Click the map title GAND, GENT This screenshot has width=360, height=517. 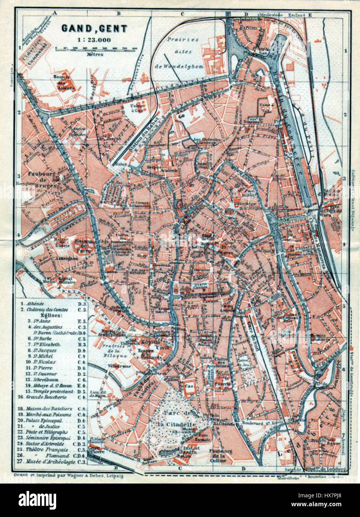click(x=94, y=29)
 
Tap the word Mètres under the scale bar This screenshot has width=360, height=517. click(x=94, y=54)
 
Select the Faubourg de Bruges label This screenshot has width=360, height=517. click(x=41, y=179)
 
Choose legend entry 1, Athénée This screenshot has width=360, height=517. click(x=35, y=303)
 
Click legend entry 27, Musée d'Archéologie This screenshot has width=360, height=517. click(x=51, y=462)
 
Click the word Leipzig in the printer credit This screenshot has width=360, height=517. click(x=113, y=475)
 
